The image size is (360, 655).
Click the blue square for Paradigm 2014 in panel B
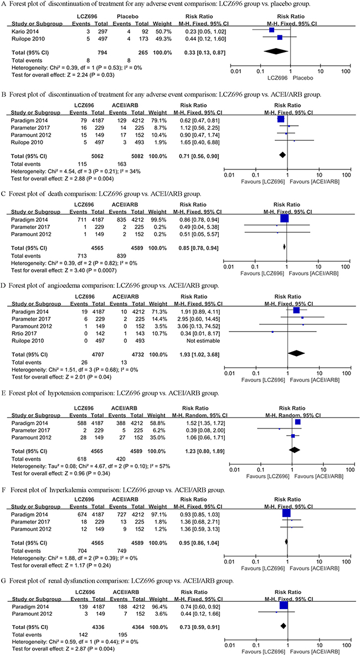click(x=280, y=118)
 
